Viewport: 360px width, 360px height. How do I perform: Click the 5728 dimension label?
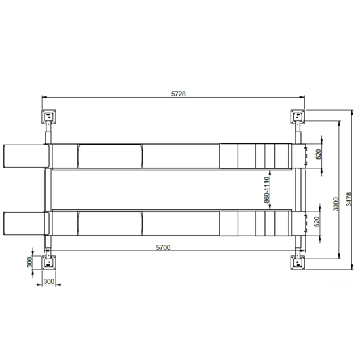179,94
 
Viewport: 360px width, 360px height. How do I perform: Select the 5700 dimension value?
163,247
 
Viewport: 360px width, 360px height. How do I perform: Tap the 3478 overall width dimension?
349,199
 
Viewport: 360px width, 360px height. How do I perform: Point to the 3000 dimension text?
336,204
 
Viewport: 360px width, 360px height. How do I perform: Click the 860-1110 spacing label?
266,190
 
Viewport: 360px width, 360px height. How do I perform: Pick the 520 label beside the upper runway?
319,154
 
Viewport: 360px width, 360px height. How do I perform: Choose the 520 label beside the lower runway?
317,221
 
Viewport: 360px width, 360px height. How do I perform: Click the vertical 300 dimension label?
30,262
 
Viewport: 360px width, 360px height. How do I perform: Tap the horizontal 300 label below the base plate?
49,281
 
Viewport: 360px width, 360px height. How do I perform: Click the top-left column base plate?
48,117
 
